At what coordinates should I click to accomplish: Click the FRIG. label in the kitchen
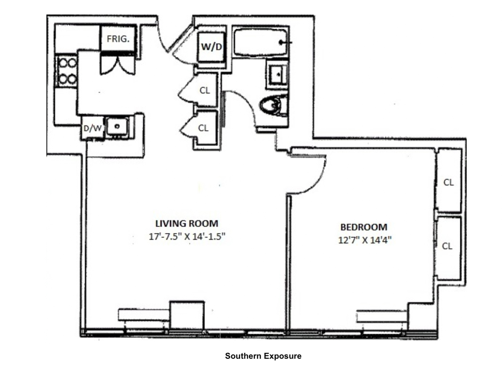tap(118, 39)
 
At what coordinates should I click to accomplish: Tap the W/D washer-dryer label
tap(212, 47)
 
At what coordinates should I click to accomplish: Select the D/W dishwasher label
tap(92, 128)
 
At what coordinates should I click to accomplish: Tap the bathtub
tap(260, 43)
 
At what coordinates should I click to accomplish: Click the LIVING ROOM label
tap(187, 224)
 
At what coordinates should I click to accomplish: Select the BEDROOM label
tap(364, 227)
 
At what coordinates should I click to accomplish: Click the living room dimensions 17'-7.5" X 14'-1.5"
tap(187, 236)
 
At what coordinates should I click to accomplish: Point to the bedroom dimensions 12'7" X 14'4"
tap(365, 240)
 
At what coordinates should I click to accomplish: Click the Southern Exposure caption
tap(263, 356)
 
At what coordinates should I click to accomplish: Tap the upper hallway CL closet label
tap(205, 91)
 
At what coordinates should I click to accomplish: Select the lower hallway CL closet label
tap(203, 128)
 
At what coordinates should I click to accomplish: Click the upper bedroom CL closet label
tap(448, 182)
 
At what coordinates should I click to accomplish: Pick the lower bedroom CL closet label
tap(447, 246)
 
